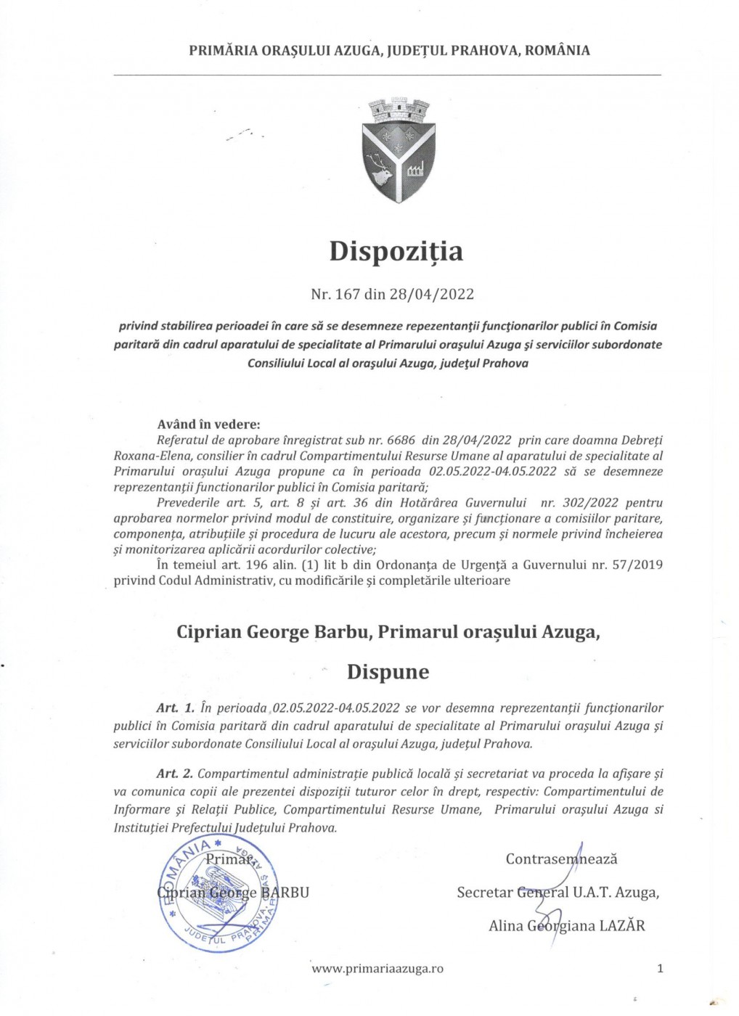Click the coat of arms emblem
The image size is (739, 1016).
(x=398, y=151)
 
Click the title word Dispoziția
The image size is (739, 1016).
(x=396, y=251)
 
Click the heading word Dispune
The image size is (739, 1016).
(x=388, y=672)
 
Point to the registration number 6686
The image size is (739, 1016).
(x=401, y=441)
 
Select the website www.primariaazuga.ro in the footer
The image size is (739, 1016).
(x=377, y=968)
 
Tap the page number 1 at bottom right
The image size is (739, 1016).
(x=660, y=968)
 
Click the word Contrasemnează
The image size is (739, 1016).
(x=561, y=859)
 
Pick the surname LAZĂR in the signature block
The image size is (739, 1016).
(x=622, y=926)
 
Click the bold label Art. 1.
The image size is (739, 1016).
(x=175, y=708)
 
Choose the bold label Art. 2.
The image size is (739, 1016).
(x=175, y=774)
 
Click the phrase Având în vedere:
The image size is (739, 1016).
(x=208, y=425)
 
